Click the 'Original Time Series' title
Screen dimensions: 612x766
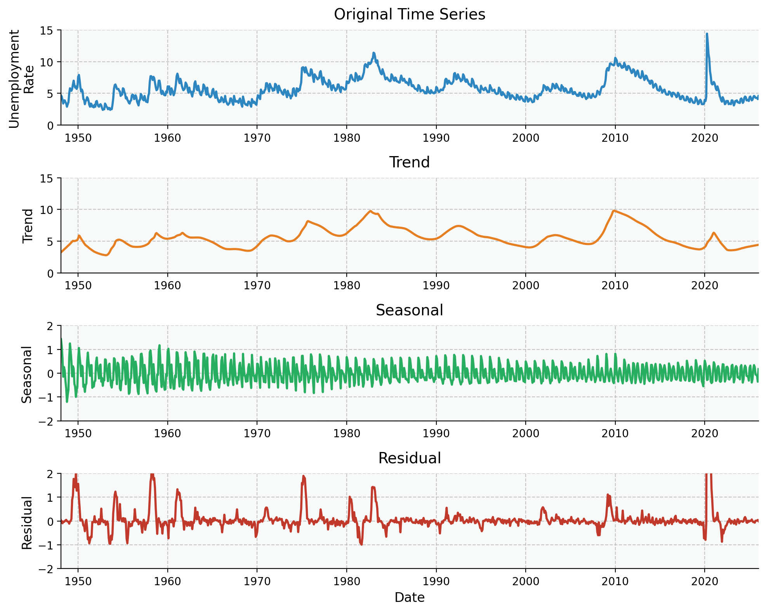click(x=409, y=15)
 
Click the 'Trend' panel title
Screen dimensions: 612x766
click(x=409, y=162)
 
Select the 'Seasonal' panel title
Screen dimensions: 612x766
click(x=409, y=310)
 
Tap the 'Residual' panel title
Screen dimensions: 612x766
click(x=409, y=458)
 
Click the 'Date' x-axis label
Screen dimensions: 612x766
click(x=409, y=597)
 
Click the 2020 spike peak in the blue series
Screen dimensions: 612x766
click(x=707, y=34)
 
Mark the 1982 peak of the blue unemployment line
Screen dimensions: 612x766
click(x=373, y=53)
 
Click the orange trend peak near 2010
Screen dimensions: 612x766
click(x=613, y=210)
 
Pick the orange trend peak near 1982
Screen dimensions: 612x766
click(x=370, y=211)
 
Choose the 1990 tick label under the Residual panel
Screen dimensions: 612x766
click(x=436, y=581)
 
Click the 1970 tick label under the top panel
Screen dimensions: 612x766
click(x=257, y=138)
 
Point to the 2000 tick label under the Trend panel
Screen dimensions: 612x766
click(x=525, y=286)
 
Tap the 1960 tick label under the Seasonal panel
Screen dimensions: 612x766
click(x=167, y=433)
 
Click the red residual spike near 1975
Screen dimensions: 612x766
click(x=304, y=476)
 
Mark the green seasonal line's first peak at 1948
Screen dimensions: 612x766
click(x=61, y=339)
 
